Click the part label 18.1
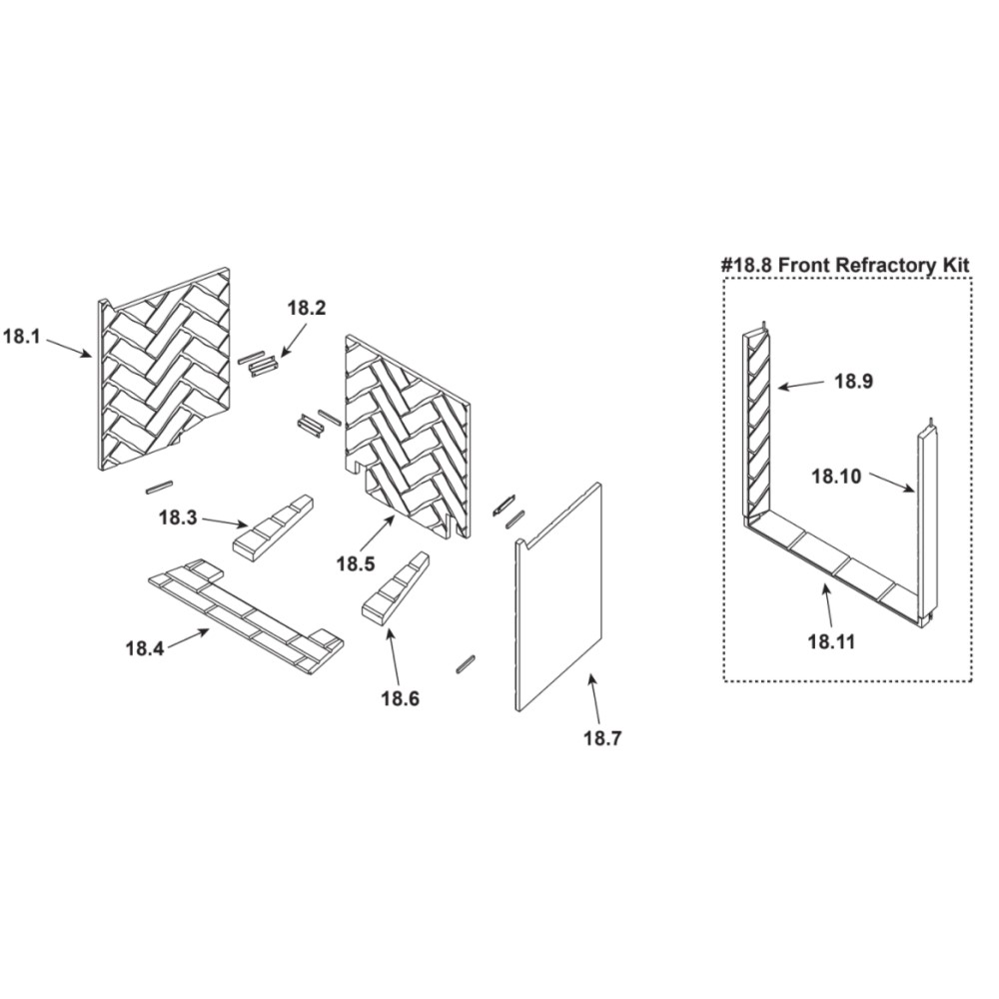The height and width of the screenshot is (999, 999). click(22, 337)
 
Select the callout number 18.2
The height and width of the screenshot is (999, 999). click(307, 309)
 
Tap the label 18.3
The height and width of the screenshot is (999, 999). click(178, 517)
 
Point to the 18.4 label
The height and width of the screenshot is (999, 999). click(145, 648)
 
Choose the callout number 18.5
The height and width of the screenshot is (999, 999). click(356, 563)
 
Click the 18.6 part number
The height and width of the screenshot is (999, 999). click(401, 698)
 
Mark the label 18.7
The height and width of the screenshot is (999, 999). click(602, 738)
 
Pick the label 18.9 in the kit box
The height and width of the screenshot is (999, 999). click(854, 381)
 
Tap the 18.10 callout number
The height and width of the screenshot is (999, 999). click(836, 476)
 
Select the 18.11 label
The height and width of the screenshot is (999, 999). click(831, 641)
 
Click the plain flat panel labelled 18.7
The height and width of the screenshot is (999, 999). click(558, 596)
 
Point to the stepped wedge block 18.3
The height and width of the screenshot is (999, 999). click(274, 528)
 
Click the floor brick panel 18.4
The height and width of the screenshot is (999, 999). click(246, 614)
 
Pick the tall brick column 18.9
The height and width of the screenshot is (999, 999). click(758, 424)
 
